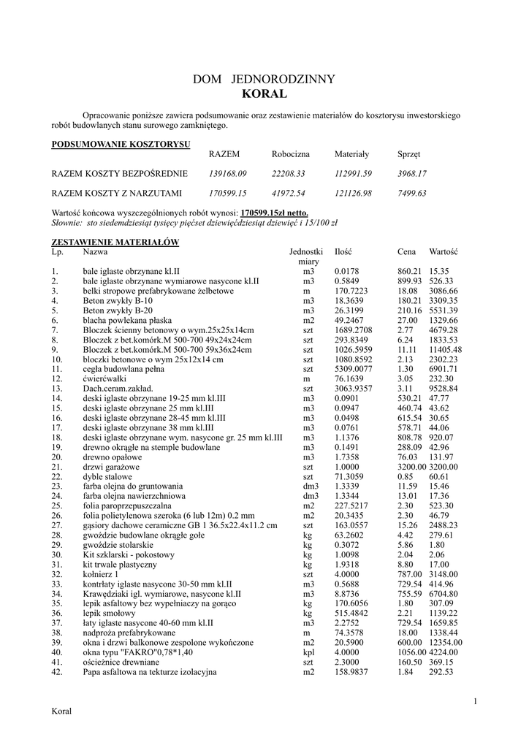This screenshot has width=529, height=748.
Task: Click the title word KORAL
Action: click(264, 94)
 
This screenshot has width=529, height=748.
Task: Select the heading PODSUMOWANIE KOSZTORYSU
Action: click(121, 145)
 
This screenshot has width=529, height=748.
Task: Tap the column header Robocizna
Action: click(291, 155)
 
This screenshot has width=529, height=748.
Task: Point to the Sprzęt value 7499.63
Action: click(412, 194)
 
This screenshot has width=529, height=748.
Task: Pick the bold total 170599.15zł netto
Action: click(270, 212)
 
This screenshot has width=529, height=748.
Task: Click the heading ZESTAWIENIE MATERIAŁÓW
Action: click(115, 242)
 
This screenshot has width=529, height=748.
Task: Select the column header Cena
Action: click(407, 251)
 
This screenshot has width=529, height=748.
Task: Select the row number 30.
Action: click(56, 554)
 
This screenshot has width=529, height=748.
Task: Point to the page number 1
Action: click(475, 702)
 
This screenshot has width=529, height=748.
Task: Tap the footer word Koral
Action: click(61, 711)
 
